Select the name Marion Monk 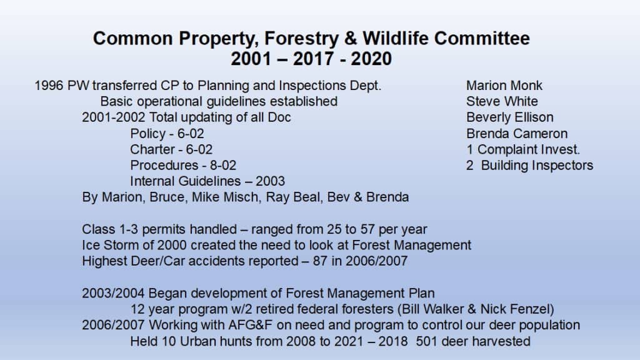pos(504,86)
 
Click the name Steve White pos(502,102)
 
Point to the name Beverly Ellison pos(510,117)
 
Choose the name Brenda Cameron pos(517,134)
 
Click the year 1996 pos(49,86)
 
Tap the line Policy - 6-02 pos(167,134)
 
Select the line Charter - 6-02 pos(171,150)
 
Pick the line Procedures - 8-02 pos(183,165)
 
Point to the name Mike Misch pos(225,197)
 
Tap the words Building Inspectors pos(537,166)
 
